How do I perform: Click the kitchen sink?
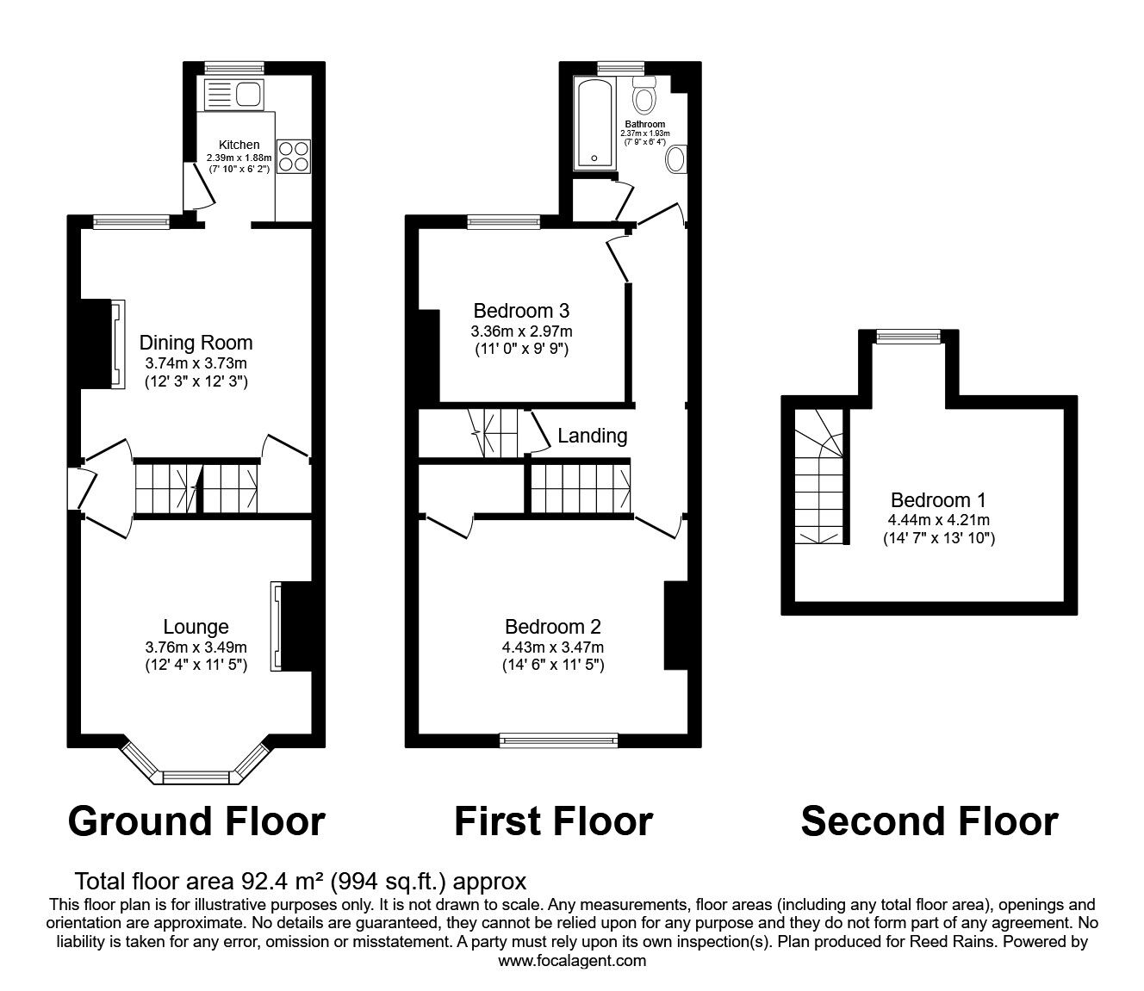point(235,93)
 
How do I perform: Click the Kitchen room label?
point(239,145)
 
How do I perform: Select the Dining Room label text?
point(196,343)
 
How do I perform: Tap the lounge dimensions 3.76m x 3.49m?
point(196,647)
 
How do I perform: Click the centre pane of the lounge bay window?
point(196,778)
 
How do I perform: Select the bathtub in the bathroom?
point(595,123)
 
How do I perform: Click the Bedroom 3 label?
point(521,311)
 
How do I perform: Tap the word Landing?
point(592,436)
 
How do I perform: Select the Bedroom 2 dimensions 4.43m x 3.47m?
point(552,647)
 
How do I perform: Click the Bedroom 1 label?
point(938,500)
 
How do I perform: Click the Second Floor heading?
point(929,821)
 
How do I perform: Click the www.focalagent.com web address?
point(571,961)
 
